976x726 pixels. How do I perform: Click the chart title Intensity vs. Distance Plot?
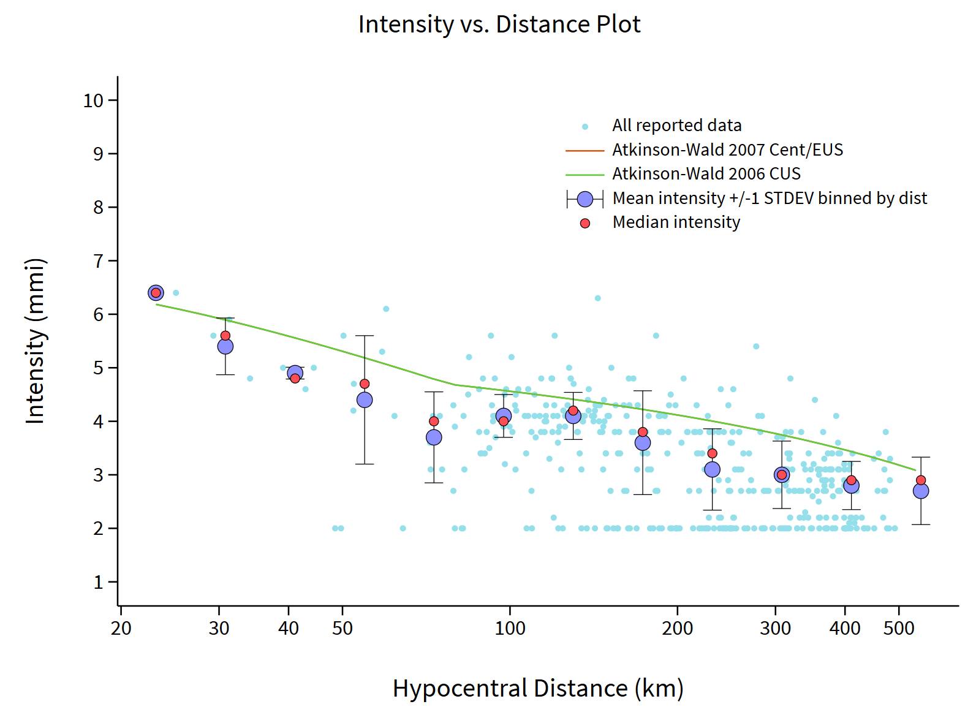click(x=499, y=25)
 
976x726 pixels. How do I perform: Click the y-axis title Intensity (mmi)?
click(x=36, y=341)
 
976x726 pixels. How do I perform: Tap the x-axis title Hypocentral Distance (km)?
click(x=538, y=688)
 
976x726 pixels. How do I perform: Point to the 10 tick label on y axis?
click(x=93, y=100)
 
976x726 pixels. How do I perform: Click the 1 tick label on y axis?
click(x=98, y=582)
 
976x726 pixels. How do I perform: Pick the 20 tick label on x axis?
click(x=121, y=628)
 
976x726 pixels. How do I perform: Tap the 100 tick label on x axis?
click(x=510, y=628)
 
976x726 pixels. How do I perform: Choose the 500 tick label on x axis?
click(x=899, y=628)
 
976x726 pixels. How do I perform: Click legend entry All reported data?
click(x=676, y=126)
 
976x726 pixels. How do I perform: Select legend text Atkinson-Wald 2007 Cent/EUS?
click(x=727, y=150)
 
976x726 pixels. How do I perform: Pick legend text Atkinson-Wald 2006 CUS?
click(x=706, y=174)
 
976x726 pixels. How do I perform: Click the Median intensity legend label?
click(x=676, y=222)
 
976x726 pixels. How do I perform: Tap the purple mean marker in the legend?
click(x=585, y=199)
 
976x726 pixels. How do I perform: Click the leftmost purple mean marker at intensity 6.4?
click(x=156, y=293)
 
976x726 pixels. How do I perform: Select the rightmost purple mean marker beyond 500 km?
click(x=921, y=491)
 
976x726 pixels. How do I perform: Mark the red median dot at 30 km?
click(x=225, y=336)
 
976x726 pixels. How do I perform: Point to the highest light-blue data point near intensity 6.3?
click(x=597, y=298)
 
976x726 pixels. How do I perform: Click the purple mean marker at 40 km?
click(x=295, y=372)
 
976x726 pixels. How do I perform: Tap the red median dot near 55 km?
click(x=365, y=384)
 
